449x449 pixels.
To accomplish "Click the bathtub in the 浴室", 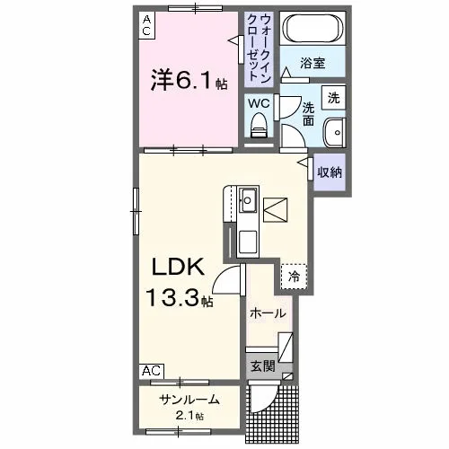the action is (x=313, y=29).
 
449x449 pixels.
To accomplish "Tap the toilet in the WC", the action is (x=259, y=125).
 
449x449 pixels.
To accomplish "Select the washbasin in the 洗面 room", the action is (x=335, y=132).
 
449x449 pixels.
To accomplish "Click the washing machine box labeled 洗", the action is (x=334, y=98).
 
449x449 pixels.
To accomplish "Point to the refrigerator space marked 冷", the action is (x=294, y=277).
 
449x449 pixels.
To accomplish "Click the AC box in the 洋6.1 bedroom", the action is (x=146, y=25).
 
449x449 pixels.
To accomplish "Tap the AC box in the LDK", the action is (x=152, y=371).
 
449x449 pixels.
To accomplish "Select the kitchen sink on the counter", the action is (x=248, y=200).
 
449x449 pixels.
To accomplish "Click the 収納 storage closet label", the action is (x=330, y=172).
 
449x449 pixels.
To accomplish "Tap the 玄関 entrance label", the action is (x=262, y=365).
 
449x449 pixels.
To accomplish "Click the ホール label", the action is (x=269, y=313).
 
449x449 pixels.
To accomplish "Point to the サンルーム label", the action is (x=189, y=400).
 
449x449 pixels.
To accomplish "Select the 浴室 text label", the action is (x=313, y=63).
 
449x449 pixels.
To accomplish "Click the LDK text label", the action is (x=179, y=267).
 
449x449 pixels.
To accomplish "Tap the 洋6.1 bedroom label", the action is (x=189, y=80).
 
